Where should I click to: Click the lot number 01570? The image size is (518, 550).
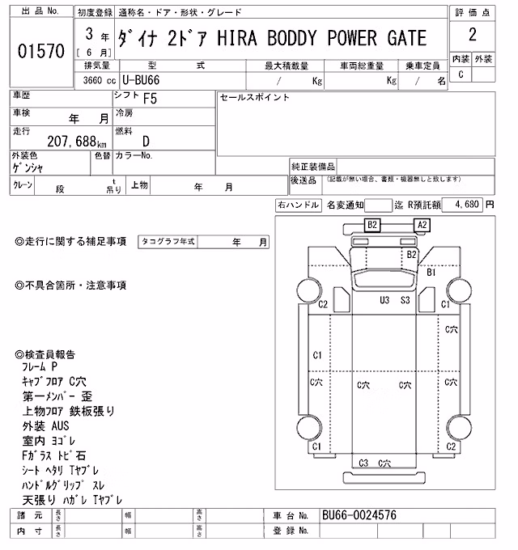[x=41, y=51]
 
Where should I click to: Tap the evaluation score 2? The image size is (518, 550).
[x=473, y=35]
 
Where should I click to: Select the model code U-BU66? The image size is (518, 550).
[x=141, y=80]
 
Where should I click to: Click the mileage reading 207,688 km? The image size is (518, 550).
[x=77, y=142]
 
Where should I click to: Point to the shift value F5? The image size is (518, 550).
[x=151, y=99]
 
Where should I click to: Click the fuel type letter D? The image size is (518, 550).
[x=146, y=142]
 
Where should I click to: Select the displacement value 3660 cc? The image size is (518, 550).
[x=100, y=80]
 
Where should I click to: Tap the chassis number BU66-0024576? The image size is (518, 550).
[x=359, y=515]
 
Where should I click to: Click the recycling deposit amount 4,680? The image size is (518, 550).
[x=467, y=204]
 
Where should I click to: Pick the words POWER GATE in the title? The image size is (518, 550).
[x=377, y=38]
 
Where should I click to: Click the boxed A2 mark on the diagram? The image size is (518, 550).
[x=422, y=225]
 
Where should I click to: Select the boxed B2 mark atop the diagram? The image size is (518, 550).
[x=372, y=225]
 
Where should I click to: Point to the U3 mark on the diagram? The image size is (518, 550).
[x=384, y=300]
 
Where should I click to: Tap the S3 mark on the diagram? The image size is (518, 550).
[x=405, y=300]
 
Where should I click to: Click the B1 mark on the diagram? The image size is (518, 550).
[x=431, y=273]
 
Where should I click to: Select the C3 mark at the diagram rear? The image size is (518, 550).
[x=363, y=463]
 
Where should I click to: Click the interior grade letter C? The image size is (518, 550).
[x=461, y=74]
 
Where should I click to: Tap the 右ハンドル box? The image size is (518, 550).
[x=298, y=205]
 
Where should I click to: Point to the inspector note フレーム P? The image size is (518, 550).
[x=40, y=367]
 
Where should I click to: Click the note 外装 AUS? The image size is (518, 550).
[x=45, y=425]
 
